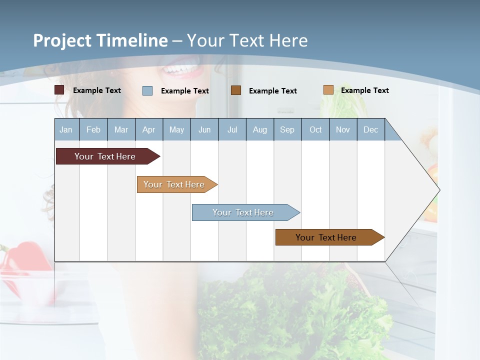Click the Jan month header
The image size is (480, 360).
coord(66,129)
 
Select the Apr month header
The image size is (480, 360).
coord(148,129)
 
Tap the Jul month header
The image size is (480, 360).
coord(232,129)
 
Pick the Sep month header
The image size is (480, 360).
coord(287,129)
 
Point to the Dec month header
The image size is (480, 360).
coord(370,129)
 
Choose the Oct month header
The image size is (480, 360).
coord(315,129)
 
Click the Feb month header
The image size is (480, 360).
coord(93,129)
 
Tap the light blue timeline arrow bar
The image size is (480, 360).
coord(243,212)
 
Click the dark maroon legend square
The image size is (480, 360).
coord(59,90)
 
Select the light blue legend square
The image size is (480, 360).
coord(147,90)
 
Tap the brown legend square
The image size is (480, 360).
coord(236,90)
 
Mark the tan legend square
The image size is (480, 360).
coord(328,89)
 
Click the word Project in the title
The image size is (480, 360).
coord(62,40)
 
